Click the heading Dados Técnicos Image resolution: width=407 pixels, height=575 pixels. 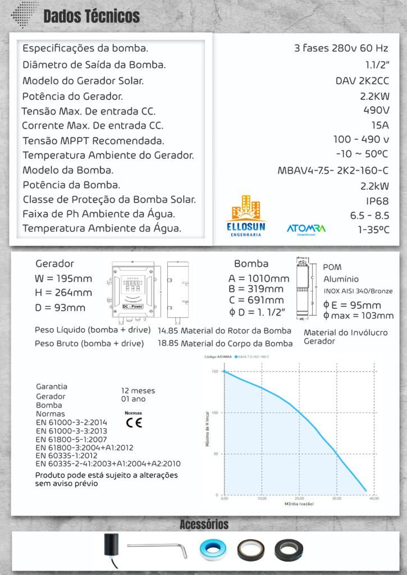tap(92, 16)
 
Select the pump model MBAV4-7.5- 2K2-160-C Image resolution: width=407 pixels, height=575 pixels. tap(333, 171)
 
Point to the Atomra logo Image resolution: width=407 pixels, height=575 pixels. tap(306, 229)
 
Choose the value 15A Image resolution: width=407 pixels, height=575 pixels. tap(380, 125)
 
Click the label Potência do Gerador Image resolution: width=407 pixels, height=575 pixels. tap(72, 96)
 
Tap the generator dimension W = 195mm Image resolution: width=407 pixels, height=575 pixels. tap(63, 278)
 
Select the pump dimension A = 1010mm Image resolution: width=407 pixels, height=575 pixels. tap(259, 278)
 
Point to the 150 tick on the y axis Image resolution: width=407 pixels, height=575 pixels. tap(214, 371)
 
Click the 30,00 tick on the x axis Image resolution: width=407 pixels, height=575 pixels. tap(336, 498)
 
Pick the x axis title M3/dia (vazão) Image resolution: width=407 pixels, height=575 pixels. tap(299, 504)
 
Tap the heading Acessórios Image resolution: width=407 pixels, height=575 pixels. tap(204, 524)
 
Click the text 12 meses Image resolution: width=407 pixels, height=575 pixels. tap(138, 390)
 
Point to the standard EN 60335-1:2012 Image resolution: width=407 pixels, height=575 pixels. tap(75, 455)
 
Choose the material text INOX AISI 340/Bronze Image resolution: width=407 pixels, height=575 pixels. tap(358, 291)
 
